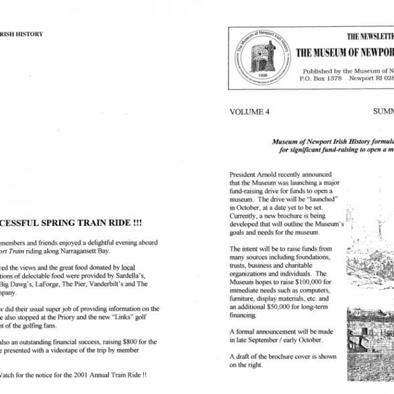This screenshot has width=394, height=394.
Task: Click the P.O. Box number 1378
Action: click(x=338, y=79)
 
